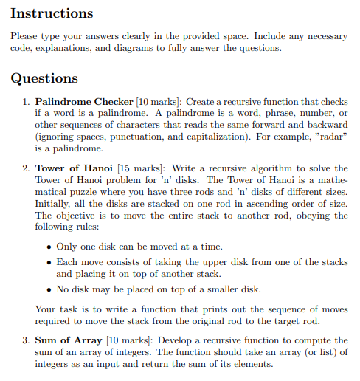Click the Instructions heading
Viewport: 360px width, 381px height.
pyautogui.click(x=52, y=13)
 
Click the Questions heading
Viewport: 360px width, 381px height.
pyautogui.click(x=45, y=78)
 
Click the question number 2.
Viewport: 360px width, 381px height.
pyautogui.click(x=26, y=169)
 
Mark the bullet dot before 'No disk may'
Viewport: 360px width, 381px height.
pyautogui.click(x=49, y=289)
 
